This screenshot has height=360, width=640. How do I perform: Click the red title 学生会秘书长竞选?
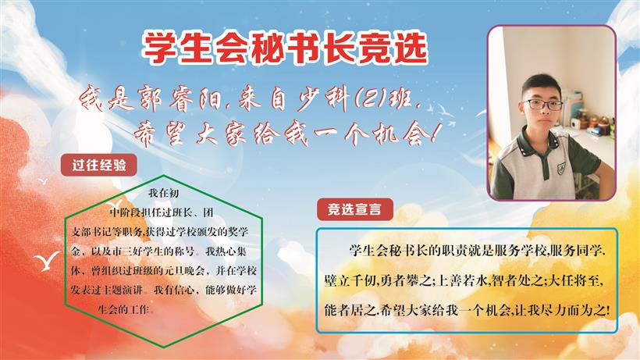pyautogui.click(x=285, y=48)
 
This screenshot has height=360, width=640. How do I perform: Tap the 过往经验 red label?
pyautogui.click(x=99, y=166)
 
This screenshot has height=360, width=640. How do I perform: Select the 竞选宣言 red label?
pyautogui.click(x=354, y=209)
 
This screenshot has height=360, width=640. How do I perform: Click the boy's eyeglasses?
pyautogui.click(x=543, y=105)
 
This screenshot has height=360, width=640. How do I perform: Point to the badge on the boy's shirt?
pyautogui.click(x=561, y=166)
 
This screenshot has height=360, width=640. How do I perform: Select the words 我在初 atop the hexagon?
pyautogui.click(x=164, y=193)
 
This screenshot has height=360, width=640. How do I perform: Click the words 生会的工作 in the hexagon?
pyautogui.click(x=123, y=309)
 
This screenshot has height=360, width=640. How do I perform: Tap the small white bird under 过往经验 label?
pyautogui.click(x=42, y=181)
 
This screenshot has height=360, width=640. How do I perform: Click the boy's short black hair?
pyautogui.click(x=542, y=84)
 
